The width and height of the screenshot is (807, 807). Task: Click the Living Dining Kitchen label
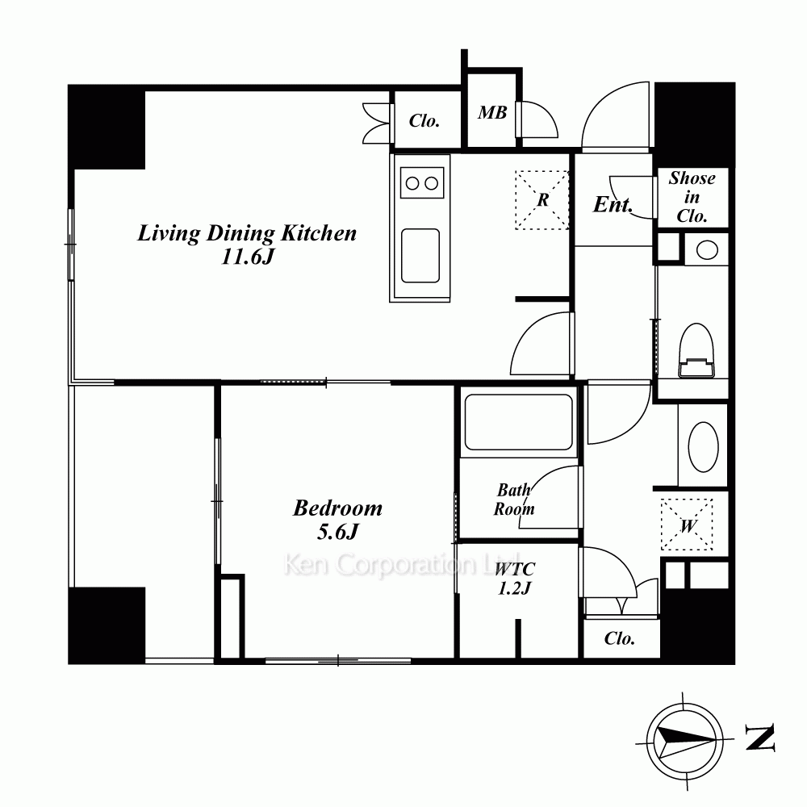[247, 233]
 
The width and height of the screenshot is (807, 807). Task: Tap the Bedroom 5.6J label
[337, 520]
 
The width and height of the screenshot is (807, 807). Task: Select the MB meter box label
[492, 113]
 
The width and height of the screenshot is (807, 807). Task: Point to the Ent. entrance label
[613, 205]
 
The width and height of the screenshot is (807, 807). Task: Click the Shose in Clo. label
[692, 197]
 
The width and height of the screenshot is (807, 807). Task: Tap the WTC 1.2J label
[515, 579]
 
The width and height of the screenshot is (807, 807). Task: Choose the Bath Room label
[514, 500]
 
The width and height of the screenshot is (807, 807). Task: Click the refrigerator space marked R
[542, 199]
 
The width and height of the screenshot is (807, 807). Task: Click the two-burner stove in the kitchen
[422, 182]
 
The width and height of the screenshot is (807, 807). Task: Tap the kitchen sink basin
[420, 256]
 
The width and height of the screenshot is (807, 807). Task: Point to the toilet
[696, 350]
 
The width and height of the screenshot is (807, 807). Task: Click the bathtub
[518, 423]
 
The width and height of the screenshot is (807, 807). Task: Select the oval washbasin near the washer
[703, 447]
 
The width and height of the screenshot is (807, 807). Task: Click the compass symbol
[684, 741]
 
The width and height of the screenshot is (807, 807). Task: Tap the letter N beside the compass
[760, 738]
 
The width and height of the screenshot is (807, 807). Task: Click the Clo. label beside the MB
[424, 121]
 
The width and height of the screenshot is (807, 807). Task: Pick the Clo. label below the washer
[619, 638]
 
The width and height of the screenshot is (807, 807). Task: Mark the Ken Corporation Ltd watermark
[402, 564]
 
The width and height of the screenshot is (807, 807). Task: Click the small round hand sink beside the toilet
[707, 250]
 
